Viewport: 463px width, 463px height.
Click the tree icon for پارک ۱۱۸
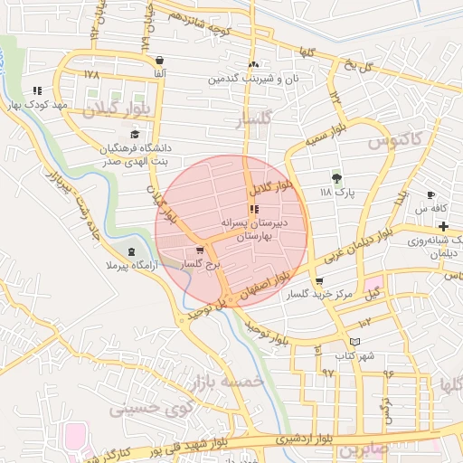[x=337, y=178]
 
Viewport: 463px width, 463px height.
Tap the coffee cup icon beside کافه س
[x=430, y=195]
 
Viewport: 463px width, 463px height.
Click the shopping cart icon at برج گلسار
[x=200, y=251]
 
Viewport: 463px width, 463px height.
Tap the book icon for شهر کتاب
[x=355, y=340]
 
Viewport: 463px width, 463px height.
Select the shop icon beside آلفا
[x=159, y=59]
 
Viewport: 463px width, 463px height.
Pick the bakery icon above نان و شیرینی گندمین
[x=254, y=65]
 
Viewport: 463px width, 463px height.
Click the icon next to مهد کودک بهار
[x=37, y=90]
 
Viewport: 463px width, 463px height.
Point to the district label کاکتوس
[x=397, y=140]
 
